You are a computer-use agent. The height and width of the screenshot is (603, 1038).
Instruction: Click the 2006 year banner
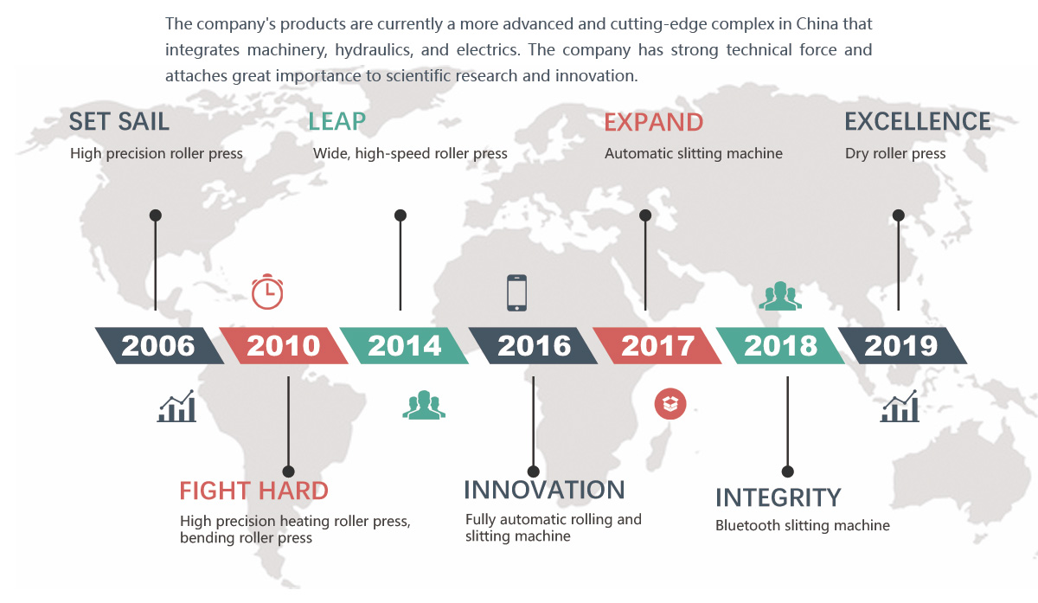point(159,346)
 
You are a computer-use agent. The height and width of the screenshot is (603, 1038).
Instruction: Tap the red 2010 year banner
point(284,346)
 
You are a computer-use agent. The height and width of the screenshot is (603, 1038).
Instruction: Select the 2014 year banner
point(404,346)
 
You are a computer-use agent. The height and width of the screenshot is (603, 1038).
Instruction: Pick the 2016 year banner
point(534,346)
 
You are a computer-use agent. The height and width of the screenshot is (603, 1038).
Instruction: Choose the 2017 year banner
point(657,346)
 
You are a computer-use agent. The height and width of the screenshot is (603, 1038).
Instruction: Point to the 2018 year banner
point(780,346)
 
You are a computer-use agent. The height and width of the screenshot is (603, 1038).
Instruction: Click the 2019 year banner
point(903,346)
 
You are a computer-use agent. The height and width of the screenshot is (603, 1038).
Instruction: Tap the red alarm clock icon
point(267,292)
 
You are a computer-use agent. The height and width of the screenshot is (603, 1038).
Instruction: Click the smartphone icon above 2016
point(516,292)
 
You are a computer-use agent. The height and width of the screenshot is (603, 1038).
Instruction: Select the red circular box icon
point(670,404)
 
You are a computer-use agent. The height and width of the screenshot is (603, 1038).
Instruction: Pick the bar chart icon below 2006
point(176,406)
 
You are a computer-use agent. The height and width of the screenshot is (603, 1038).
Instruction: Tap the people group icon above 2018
point(780,295)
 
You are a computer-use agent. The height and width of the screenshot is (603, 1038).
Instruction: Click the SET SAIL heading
point(119,122)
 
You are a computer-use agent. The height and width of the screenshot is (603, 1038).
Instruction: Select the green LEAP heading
point(336,122)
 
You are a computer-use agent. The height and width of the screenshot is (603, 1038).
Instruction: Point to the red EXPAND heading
point(653,122)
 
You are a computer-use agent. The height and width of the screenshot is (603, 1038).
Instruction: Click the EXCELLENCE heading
point(918,122)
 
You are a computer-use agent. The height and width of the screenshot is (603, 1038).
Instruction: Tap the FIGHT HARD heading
point(254,491)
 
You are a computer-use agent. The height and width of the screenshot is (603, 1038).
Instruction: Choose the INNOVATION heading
point(544,490)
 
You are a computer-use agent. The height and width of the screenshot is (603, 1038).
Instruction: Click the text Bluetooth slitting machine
point(803,526)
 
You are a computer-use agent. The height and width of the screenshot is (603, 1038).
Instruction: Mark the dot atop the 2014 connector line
point(400,215)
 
